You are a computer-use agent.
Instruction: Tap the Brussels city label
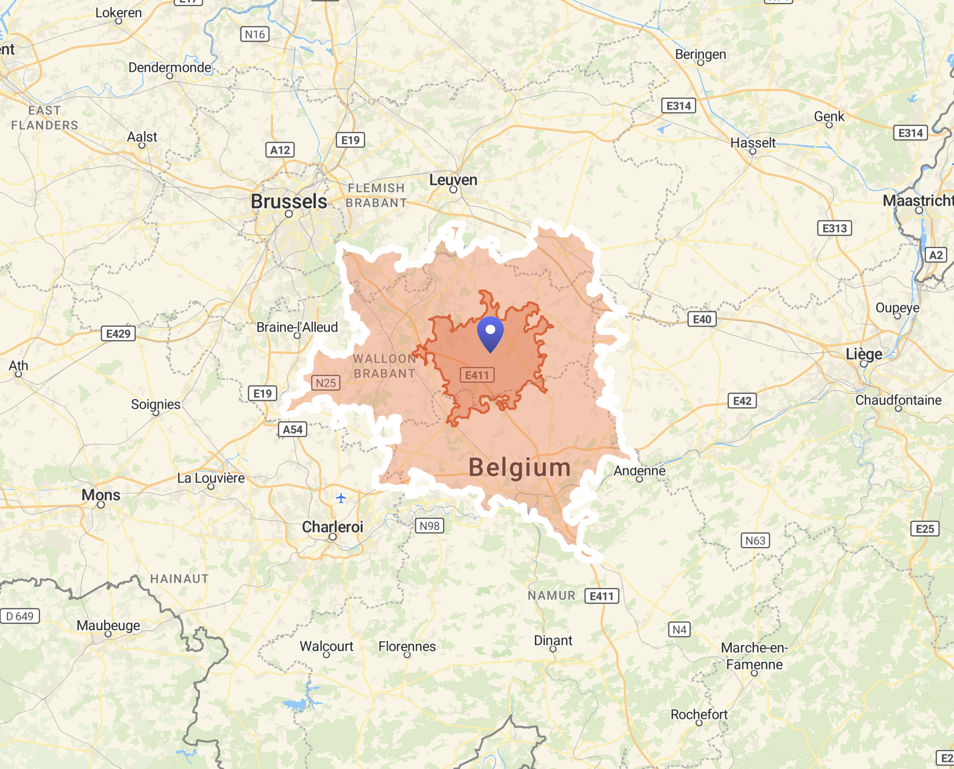[x=289, y=201]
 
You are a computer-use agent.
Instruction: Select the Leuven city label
[x=453, y=180]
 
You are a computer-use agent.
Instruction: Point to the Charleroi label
[x=333, y=527]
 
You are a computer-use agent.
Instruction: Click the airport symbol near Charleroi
[x=341, y=498]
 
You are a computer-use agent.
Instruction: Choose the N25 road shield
[x=325, y=383]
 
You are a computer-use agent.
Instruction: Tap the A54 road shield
[x=293, y=429]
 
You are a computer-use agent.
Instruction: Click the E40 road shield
[x=702, y=319]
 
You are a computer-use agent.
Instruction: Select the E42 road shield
[x=742, y=401]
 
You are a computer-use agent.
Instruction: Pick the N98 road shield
[x=430, y=526]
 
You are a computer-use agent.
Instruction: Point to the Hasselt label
[x=753, y=143]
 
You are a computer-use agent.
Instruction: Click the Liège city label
[x=864, y=354]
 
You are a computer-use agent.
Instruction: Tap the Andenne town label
[x=639, y=471]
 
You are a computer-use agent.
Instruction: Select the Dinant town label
[x=553, y=640]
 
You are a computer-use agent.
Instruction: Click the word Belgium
[x=520, y=468]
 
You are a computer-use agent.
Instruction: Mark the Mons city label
[x=101, y=495]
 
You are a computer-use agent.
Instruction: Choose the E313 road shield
[x=834, y=228]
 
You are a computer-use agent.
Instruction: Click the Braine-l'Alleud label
[x=297, y=327]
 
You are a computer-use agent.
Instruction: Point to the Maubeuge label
[x=108, y=625]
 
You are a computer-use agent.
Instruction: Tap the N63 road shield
[x=755, y=540]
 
